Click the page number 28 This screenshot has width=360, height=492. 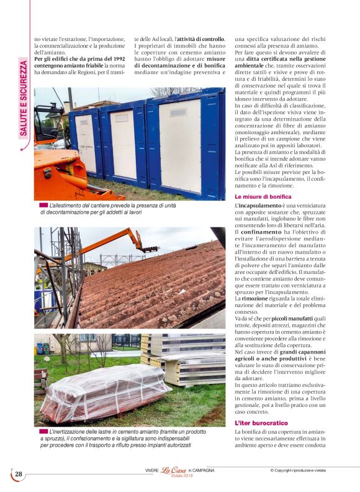(x=19, y=474)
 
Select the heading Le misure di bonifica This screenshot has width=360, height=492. (x=258, y=196)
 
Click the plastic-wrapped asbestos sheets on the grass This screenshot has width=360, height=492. (x=106, y=391)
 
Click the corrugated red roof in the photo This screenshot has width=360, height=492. (x=155, y=286)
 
